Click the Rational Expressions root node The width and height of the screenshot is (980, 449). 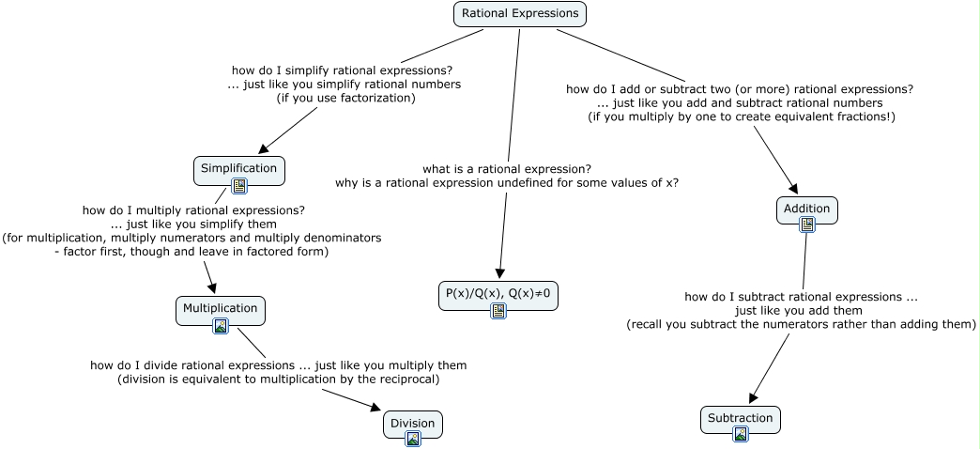tap(519, 14)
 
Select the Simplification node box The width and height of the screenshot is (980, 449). tap(238, 168)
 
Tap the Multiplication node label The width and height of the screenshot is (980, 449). tap(220, 308)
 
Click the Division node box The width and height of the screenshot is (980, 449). tap(412, 423)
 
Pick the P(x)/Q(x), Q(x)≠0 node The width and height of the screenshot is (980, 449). tap(498, 293)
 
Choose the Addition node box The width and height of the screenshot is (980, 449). tap(806, 208)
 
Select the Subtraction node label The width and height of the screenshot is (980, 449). tap(740, 418)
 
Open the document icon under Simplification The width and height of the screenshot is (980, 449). tap(238, 186)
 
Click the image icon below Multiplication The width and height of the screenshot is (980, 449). tap(221, 326)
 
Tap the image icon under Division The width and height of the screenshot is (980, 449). tap(413, 439)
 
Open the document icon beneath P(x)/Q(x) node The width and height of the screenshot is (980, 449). tap(498, 310)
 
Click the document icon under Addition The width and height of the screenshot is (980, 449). tap(807, 224)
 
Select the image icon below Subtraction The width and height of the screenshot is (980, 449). tap(741, 434)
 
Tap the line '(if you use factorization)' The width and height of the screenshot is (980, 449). tap(345, 97)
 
